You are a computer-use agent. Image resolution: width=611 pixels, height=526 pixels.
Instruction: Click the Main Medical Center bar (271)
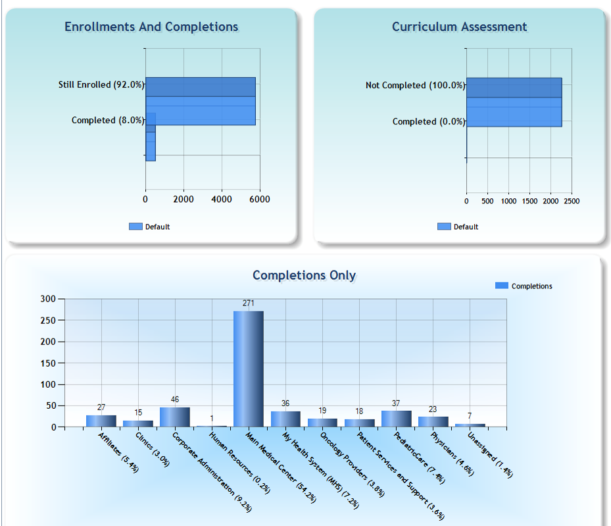click(248, 369)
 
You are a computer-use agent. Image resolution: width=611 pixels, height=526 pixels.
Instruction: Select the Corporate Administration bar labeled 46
click(174, 417)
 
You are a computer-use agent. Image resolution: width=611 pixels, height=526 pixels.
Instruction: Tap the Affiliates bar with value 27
click(101, 421)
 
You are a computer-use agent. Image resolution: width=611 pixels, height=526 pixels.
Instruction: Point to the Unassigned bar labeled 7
click(470, 425)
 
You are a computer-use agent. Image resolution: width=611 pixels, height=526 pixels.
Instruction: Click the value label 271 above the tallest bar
click(248, 303)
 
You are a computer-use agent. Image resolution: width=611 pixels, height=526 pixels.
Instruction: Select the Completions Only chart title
click(304, 275)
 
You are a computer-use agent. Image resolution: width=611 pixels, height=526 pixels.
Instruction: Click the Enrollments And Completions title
click(151, 27)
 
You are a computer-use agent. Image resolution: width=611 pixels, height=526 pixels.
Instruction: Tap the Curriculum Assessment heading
click(459, 27)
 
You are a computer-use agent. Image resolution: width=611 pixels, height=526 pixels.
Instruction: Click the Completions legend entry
click(524, 286)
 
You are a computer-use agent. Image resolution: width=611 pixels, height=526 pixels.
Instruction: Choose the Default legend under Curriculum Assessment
click(458, 227)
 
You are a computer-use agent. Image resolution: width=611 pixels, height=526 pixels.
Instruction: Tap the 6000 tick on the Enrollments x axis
click(260, 199)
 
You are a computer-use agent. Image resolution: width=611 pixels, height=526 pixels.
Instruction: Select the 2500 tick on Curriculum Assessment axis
click(572, 201)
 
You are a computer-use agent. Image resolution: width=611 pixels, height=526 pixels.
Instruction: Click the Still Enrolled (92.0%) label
click(101, 85)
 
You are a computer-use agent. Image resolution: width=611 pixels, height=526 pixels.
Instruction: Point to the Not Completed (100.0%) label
click(415, 86)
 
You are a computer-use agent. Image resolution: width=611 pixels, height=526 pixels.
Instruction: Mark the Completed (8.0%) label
click(108, 120)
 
